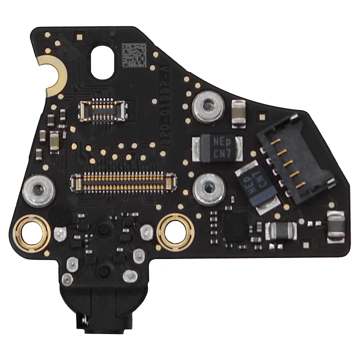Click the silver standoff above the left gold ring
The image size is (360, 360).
[37, 188]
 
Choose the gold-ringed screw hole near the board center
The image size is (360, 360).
[174, 229]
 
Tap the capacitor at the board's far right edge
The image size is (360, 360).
[336, 225]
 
